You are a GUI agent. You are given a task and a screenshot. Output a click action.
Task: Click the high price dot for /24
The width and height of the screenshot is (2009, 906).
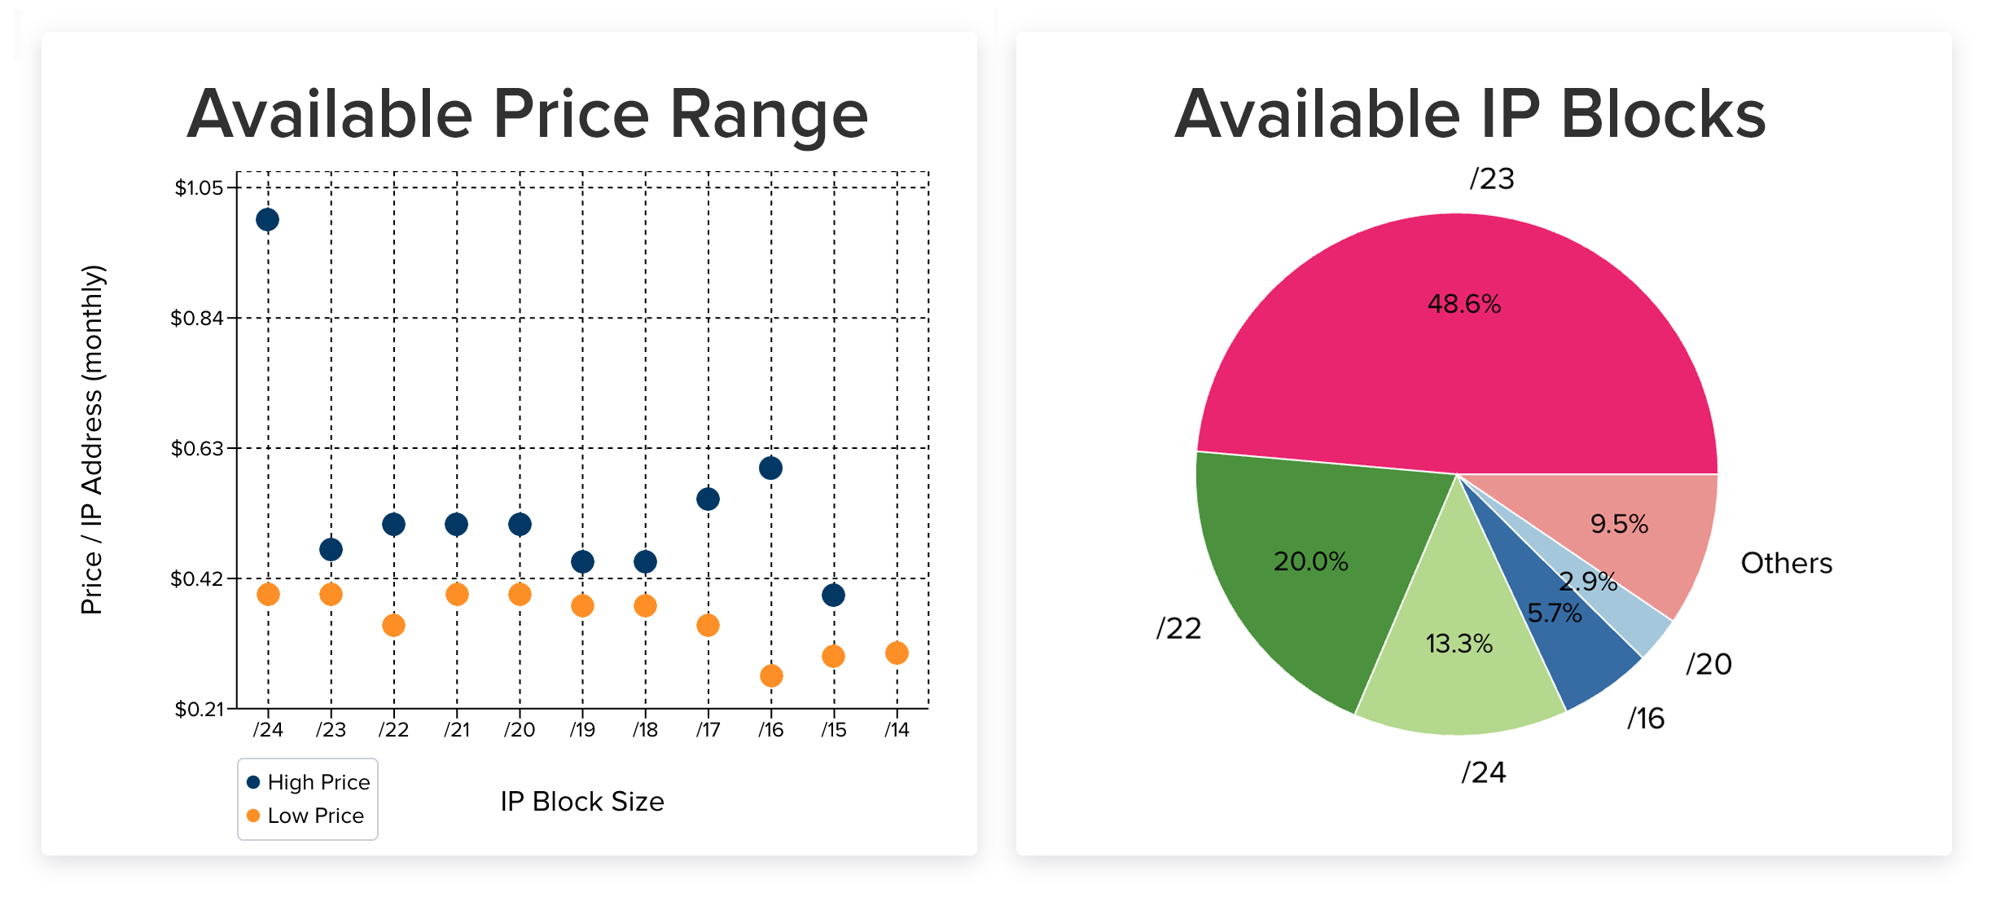(x=267, y=220)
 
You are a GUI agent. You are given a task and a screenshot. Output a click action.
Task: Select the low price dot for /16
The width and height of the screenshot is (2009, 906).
(x=771, y=675)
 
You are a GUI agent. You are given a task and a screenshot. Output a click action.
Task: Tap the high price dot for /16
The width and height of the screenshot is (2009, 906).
(x=770, y=468)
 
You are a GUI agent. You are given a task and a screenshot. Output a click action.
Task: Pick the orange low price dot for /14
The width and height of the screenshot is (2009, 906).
(x=897, y=653)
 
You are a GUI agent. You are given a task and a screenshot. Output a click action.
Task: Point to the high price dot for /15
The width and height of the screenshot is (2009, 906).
(x=833, y=595)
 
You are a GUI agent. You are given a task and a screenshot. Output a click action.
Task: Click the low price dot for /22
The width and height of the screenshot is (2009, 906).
(x=393, y=625)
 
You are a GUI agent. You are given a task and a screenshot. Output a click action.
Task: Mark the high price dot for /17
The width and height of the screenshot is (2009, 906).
(x=708, y=499)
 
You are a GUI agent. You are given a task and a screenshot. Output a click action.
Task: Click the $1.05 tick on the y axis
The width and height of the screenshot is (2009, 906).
(x=199, y=188)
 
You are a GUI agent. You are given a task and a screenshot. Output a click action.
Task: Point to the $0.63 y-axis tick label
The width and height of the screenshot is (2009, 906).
(x=196, y=449)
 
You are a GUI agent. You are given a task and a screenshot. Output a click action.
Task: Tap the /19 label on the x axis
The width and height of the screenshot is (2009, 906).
(x=582, y=730)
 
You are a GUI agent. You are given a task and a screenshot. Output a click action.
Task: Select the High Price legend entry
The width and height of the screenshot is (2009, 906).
(x=309, y=782)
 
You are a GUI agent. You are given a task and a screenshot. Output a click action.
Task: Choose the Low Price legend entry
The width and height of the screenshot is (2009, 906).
(x=305, y=816)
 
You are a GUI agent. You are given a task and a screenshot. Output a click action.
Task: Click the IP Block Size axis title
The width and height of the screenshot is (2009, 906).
(x=582, y=802)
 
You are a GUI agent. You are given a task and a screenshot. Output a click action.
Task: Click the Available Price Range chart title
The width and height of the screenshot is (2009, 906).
(x=528, y=114)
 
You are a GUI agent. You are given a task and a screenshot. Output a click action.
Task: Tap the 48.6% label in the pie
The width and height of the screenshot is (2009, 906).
(x=1463, y=304)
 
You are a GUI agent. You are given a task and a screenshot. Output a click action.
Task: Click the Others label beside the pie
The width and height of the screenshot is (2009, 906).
(x=1786, y=563)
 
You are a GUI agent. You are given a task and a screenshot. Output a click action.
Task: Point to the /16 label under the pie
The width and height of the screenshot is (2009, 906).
(x=1646, y=719)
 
